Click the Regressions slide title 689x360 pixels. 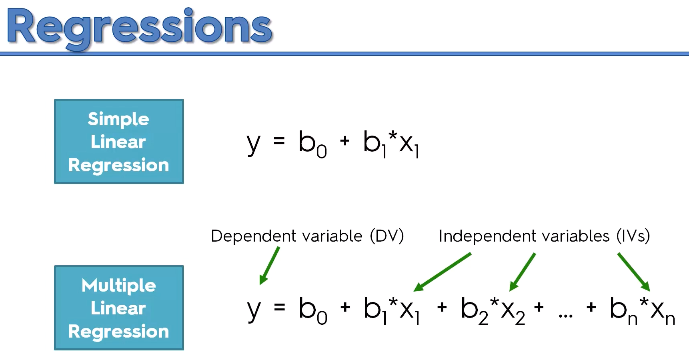coord(139,27)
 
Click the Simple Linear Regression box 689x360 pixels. coord(119,142)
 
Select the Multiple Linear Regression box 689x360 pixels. coord(119,308)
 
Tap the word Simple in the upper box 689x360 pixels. coord(118,119)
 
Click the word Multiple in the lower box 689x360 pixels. coord(119,286)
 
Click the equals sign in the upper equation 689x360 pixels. coord(279,141)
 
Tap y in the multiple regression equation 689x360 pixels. coord(253,310)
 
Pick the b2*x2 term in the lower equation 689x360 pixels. coord(493,310)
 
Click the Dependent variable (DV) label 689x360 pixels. coord(307,236)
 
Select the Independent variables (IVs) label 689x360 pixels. coord(544,236)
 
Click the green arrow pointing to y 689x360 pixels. coord(269,266)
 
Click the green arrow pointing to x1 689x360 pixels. coord(443,272)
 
